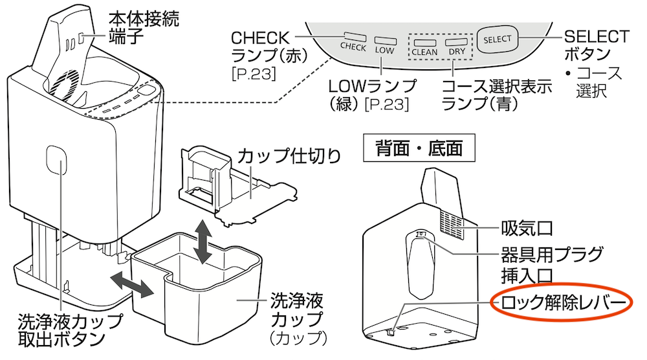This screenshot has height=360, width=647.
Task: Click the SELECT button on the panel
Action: pyautogui.click(x=497, y=39)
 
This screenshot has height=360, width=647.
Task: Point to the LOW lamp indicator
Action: pyautogui.click(x=384, y=39)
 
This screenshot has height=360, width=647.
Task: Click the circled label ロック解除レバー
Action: pyautogui.click(x=560, y=303)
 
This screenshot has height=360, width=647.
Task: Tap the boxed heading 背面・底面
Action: pyautogui.click(x=420, y=148)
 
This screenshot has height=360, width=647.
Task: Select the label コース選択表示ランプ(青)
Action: pyautogui.click(x=497, y=95)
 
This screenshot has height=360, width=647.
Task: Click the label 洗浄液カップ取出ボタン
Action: pyautogui.click(x=70, y=330)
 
